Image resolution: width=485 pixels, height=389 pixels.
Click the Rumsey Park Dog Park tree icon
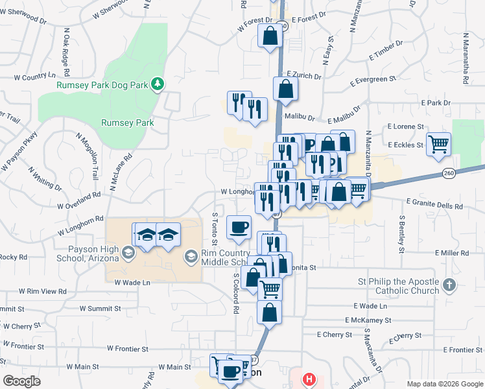point(157,84)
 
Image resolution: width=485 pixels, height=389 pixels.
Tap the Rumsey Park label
point(127,122)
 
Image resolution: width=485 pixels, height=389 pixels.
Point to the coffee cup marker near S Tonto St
point(239,228)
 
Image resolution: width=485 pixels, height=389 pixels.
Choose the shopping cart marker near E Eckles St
point(439,144)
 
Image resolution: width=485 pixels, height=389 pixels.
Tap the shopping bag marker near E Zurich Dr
point(285,89)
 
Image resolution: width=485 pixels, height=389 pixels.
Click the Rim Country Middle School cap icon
point(191,257)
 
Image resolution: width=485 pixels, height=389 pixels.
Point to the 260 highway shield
point(449,172)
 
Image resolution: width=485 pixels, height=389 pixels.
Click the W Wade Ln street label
point(132,283)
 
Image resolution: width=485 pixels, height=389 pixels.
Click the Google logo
point(21,381)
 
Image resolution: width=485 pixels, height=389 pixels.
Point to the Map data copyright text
point(444,384)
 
